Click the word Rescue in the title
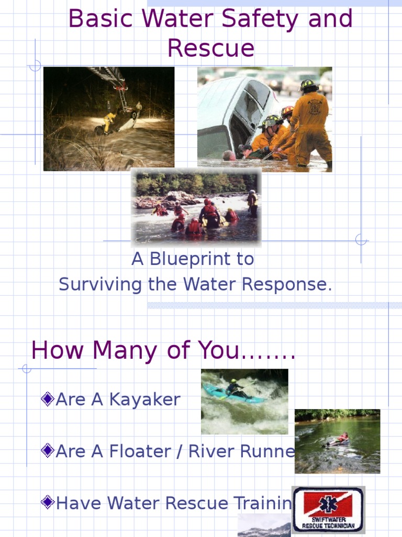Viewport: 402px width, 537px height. [x=211, y=48]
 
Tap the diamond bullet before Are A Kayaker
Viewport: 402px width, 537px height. [x=47, y=400]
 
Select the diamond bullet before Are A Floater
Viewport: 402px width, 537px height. [x=47, y=451]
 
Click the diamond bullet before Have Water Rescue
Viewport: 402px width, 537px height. [x=47, y=503]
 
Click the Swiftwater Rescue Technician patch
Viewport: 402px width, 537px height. [x=328, y=509]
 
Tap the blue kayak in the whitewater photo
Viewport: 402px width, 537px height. [x=230, y=394]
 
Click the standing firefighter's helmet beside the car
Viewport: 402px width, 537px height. [x=308, y=84]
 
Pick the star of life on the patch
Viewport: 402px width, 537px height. [x=328, y=504]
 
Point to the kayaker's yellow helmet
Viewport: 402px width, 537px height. [x=233, y=381]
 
